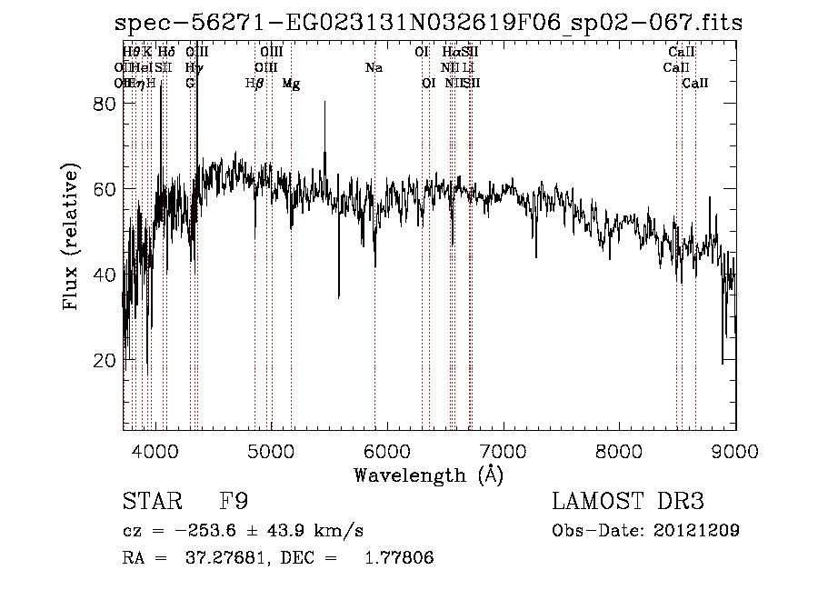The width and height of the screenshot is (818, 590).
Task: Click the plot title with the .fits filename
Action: coord(429,24)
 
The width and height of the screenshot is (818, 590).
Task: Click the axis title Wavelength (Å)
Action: coord(428,475)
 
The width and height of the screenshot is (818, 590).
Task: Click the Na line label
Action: coord(374,67)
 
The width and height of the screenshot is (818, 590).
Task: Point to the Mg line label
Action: coord(291,84)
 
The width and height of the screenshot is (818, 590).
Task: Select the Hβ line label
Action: coord(254,84)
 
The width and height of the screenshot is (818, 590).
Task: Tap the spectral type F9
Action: coord(234,502)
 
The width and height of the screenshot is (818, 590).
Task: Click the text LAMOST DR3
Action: coord(627,502)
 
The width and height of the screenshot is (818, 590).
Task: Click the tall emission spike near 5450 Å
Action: coord(324,105)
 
